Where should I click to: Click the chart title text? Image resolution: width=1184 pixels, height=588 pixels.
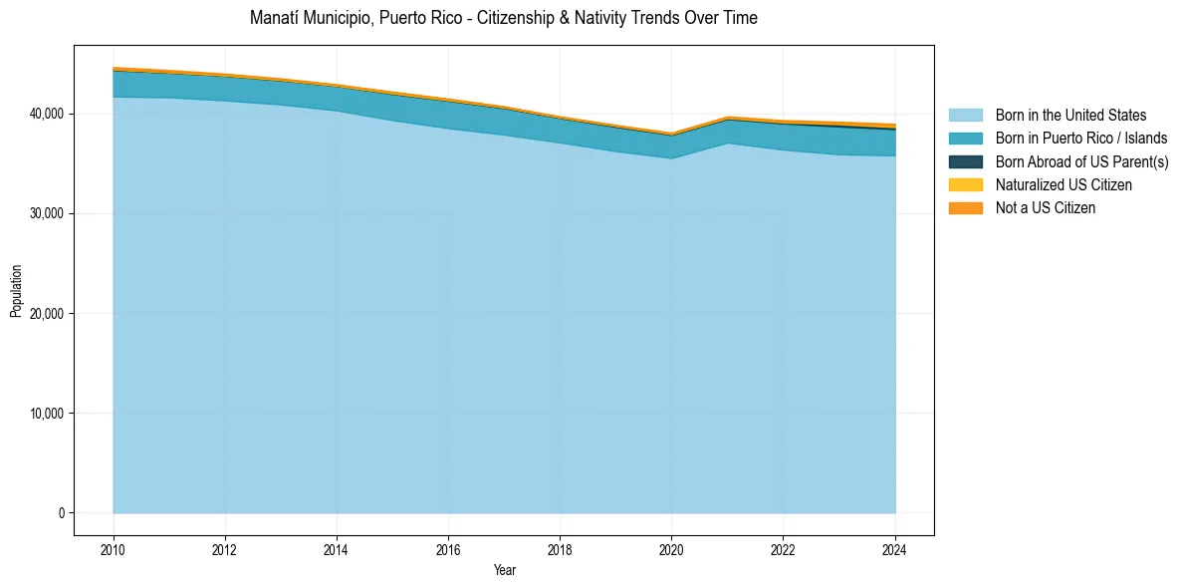[x=503, y=18]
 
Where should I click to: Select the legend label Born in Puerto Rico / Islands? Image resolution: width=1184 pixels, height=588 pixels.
[x=1081, y=139]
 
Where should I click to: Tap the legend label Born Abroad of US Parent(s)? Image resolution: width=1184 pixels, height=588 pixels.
[x=1081, y=161]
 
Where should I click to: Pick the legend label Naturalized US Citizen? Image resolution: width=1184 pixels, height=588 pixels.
[x=1064, y=184]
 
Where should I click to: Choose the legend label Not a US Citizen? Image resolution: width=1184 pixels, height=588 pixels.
[x=1045, y=207]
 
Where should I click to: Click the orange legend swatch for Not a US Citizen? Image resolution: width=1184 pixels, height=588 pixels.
[x=965, y=207]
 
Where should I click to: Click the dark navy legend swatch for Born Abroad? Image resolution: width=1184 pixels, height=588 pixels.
[x=965, y=161]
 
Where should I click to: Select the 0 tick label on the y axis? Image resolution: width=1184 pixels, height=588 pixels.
[x=61, y=513]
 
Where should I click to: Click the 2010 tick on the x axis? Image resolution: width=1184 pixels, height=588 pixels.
[x=114, y=549]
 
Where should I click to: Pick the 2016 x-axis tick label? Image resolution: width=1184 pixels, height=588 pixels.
[x=448, y=549]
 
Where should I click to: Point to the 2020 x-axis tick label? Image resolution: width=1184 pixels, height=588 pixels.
[x=671, y=549]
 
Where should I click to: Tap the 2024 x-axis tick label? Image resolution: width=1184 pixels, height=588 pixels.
[x=895, y=549]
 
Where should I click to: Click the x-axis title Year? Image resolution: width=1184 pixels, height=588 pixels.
[x=504, y=570]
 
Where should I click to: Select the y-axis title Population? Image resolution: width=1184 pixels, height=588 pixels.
[x=16, y=291]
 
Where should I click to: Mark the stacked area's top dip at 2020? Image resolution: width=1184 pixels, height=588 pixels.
[x=671, y=134]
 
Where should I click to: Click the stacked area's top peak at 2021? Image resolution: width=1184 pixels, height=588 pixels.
[x=728, y=118]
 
